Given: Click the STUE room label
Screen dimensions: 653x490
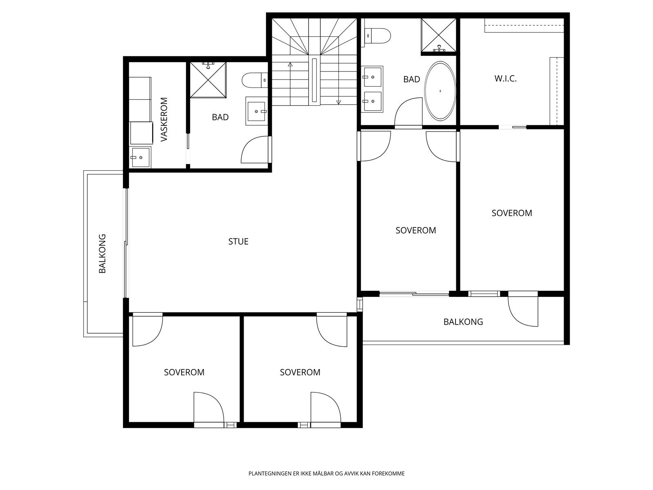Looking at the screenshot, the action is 238,241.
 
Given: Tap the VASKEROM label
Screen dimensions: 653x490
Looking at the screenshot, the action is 164,119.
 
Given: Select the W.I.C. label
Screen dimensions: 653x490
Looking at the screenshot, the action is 505,78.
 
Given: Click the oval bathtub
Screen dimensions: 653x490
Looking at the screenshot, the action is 440,91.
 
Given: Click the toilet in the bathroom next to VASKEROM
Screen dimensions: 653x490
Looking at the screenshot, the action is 255,80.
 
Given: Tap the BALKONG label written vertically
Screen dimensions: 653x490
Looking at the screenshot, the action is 102,254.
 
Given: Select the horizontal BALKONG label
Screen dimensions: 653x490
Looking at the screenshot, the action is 463,322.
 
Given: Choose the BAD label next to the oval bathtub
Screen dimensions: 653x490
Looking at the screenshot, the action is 411,79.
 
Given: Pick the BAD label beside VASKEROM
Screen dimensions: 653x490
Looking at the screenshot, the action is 220,117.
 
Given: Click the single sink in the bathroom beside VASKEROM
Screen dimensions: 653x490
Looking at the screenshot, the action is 256,111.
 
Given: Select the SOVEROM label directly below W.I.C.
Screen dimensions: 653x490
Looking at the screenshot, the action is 512,213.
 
